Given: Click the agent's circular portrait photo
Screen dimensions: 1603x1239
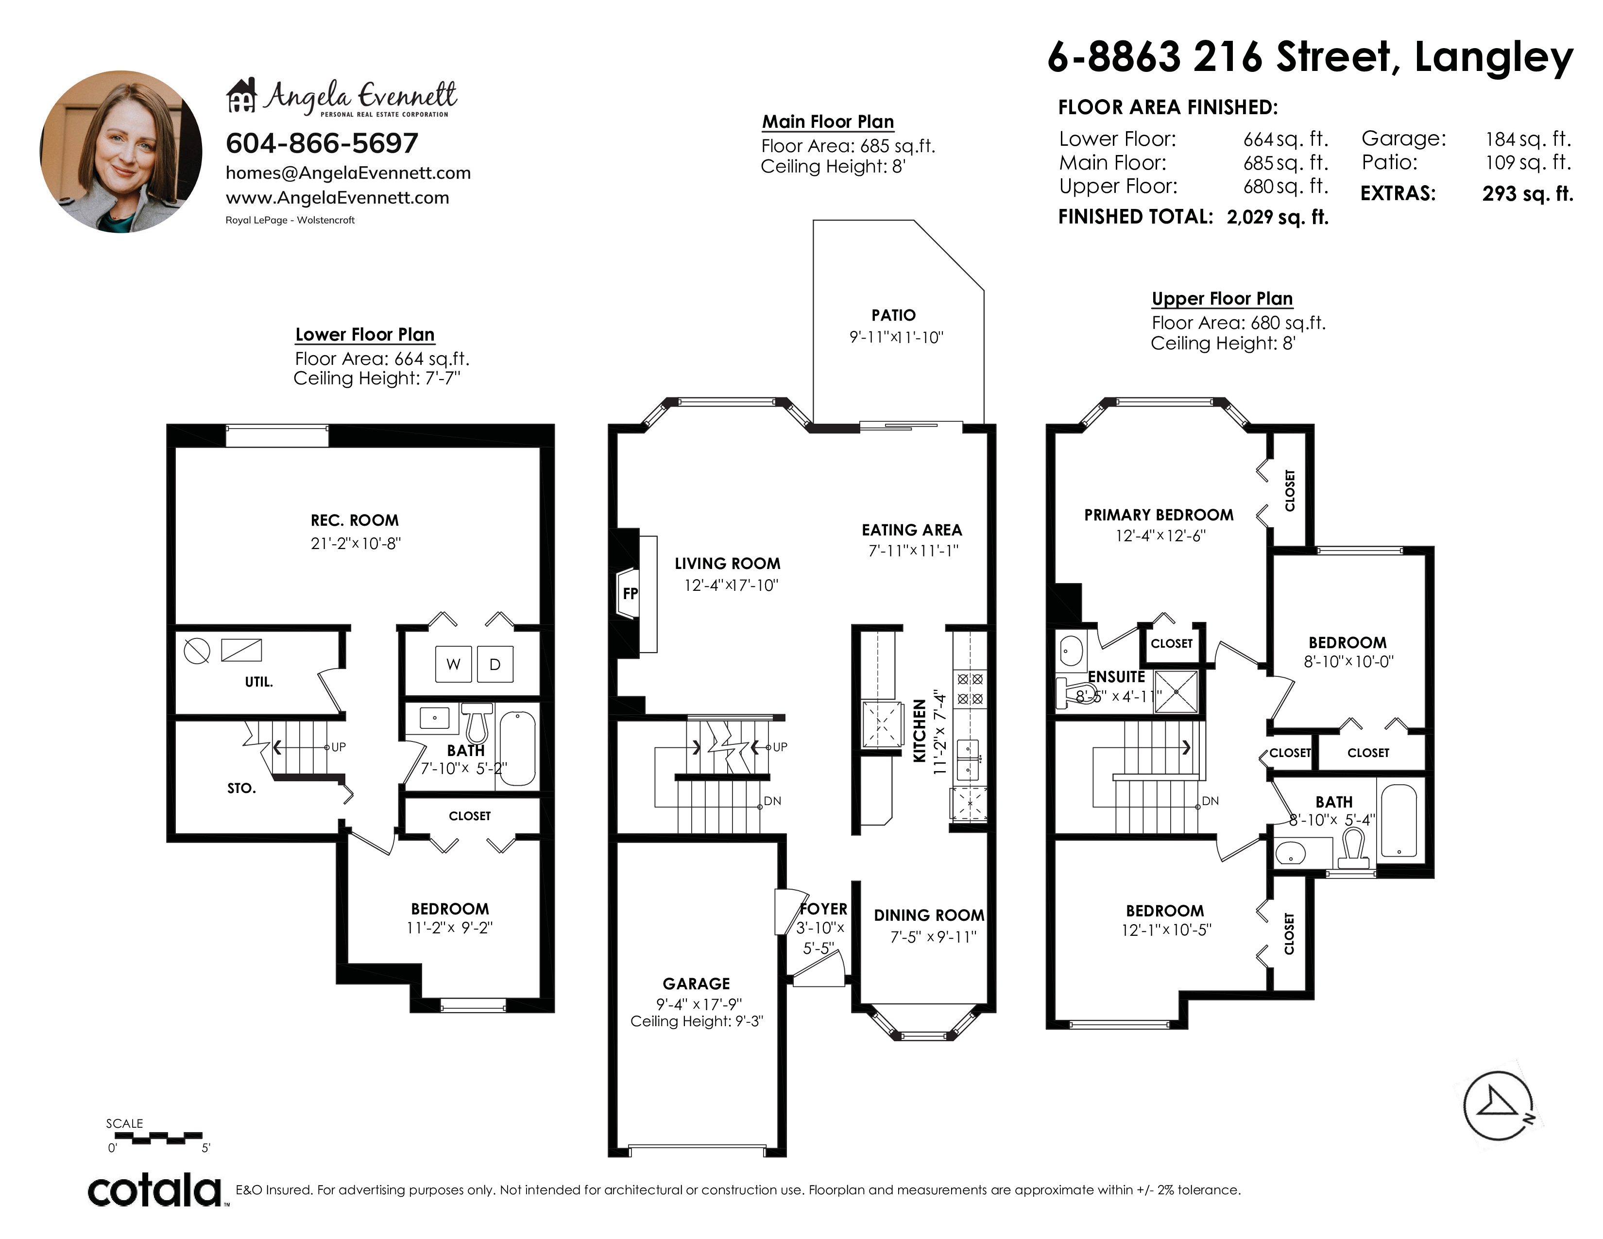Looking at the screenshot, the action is [x=121, y=152].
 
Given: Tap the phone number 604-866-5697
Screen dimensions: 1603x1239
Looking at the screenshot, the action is [x=322, y=143].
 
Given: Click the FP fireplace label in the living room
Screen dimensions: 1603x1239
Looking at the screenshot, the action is [x=630, y=593].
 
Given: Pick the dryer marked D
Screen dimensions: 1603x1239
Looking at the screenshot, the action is [x=495, y=664].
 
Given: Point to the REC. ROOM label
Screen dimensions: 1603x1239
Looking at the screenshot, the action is [x=355, y=520].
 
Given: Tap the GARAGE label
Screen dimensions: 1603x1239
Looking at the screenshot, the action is [x=697, y=983].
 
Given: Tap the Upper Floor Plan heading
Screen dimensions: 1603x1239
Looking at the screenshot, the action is [x=1222, y=299].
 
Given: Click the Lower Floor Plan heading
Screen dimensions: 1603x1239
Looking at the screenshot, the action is [x=365, y=335].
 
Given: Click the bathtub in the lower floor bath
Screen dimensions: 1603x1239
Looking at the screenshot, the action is [x=517, y=747].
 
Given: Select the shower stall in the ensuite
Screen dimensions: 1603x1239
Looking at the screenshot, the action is [x=1176, y=691].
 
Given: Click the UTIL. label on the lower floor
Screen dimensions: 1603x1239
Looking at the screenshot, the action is [x=258, y=682].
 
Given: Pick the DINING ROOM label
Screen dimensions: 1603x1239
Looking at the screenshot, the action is [x=929, y=915].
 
